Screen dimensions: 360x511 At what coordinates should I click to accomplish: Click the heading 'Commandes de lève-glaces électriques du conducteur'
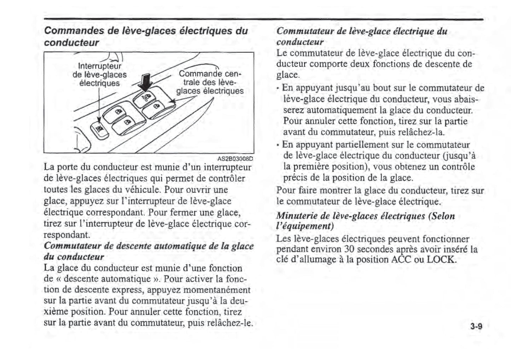[x=146, y=36]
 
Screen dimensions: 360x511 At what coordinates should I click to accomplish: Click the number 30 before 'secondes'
[x=349, y=249]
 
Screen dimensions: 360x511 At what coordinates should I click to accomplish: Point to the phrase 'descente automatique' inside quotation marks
[x=107, y=279]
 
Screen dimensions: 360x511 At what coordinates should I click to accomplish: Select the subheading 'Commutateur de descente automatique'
[x=149, y=246]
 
